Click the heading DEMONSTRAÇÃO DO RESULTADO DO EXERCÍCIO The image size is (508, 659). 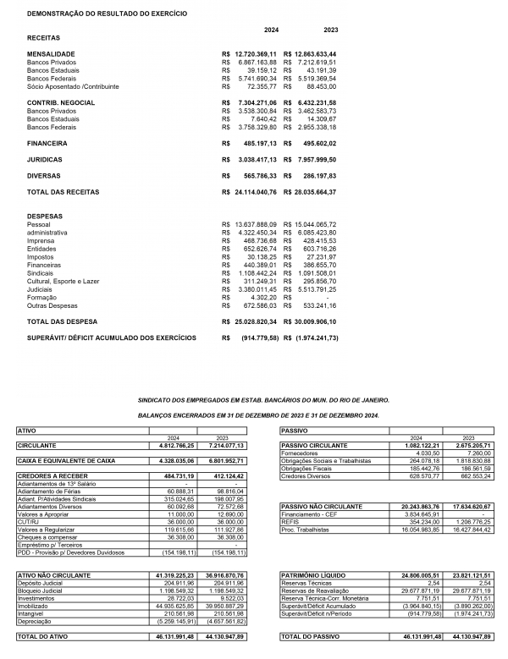[x=108, y=14]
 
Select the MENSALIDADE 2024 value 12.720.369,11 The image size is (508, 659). [x=260, y=53]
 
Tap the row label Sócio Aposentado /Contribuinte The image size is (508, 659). [x=73, y=86]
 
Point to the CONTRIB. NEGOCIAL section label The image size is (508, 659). [x=63, y=102]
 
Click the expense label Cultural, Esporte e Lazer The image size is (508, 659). [x=63, y=280]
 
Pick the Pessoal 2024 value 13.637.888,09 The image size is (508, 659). [x=260, y=224]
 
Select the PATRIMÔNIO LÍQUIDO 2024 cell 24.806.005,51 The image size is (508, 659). [x=415, y=574]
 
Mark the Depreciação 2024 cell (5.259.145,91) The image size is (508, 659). [x=175, y=621]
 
